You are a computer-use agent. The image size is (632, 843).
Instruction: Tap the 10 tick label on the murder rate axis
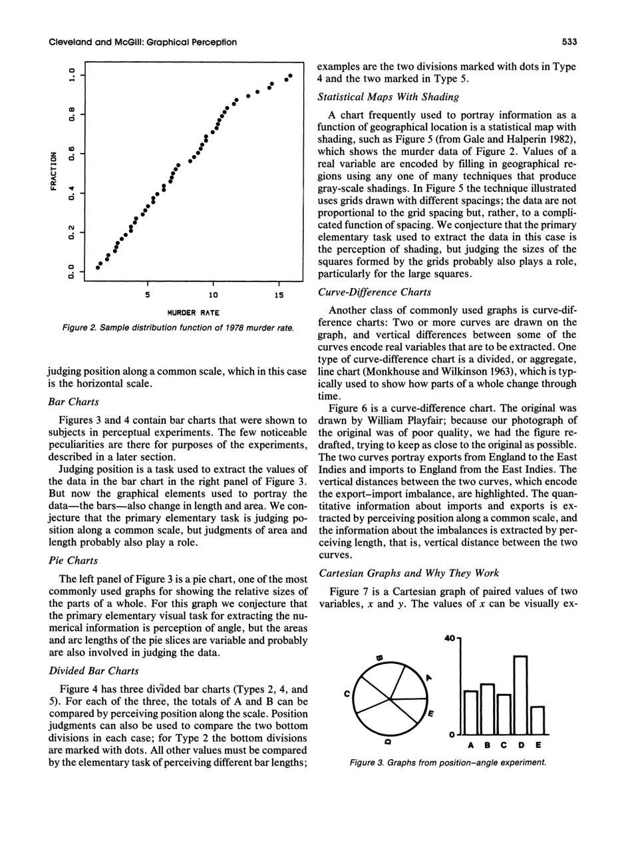click(x=211, y=294)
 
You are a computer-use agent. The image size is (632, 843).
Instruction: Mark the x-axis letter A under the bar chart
click(x=471, y=745)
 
